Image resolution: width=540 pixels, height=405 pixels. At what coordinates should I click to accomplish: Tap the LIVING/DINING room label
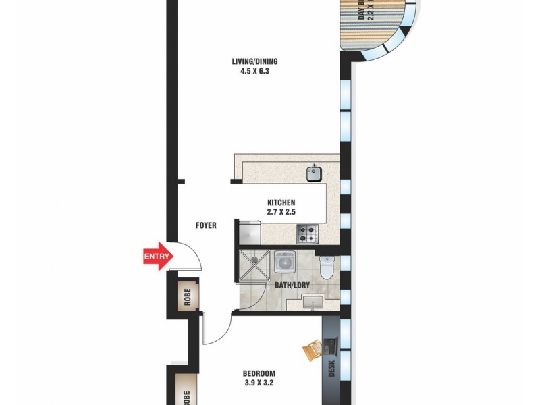tap(254, 62)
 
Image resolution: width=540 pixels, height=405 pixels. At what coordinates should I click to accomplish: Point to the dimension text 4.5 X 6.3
tap(254, 72)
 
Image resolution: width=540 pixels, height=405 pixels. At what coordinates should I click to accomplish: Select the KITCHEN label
tap(281, 202)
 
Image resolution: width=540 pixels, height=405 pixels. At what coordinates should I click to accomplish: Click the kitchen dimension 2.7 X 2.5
tap(281, 212)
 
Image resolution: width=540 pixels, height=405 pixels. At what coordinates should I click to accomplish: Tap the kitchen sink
tap(313, 174)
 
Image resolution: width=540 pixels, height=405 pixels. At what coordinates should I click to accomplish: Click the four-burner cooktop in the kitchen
tap(307, 234)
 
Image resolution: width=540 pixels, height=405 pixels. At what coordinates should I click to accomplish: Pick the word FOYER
tap(205, 225)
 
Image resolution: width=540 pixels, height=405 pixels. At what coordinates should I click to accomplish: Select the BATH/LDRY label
tap(292, 285)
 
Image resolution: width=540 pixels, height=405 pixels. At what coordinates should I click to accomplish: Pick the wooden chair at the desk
tap(314, 350)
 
